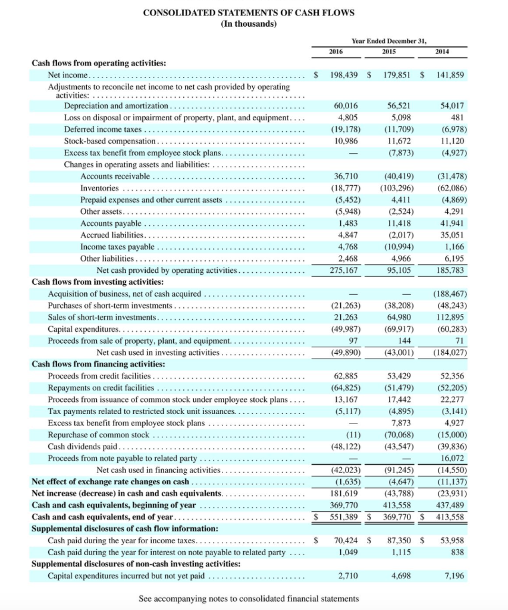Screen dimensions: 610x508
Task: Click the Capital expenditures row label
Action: point(83,329)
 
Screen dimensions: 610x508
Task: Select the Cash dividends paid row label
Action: point(83,446)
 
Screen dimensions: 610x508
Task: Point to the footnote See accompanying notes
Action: point(249,598)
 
